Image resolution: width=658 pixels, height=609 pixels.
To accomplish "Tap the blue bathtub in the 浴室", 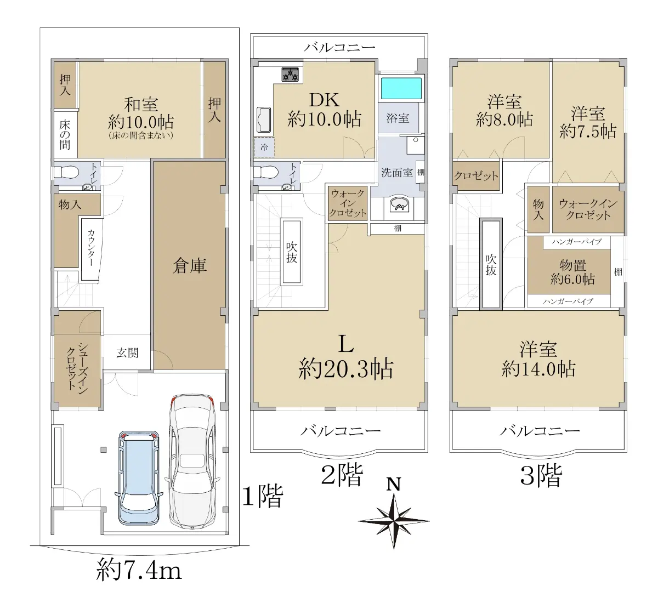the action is [x=401, y=88].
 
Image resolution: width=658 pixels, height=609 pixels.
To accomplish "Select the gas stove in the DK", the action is [x=291, y=75].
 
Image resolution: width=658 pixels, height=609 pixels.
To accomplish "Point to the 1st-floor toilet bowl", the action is [x=66, y=173].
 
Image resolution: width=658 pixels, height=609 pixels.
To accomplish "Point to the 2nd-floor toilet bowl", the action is [x=266, y=172].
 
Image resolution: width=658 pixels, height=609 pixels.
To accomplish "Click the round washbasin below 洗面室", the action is [x=399, y=205].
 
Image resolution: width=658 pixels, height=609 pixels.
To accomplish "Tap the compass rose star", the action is [x=394, y=521].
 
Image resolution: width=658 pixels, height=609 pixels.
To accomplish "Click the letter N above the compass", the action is [x=394, y=484].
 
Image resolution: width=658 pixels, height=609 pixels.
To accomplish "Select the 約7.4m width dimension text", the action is [x=139, y=571].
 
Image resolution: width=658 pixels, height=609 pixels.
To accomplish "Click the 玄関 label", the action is [x=128, y=353].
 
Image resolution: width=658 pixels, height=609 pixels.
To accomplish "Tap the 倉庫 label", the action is [x=190, y=265].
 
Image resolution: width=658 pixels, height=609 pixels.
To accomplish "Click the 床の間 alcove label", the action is [x=65, y=134].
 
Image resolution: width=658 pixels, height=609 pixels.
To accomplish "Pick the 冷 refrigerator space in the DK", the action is [x=264, y=147].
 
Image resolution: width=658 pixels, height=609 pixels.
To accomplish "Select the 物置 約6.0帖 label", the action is [x=572, y=272].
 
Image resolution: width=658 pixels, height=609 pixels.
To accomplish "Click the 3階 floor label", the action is [x=541, y=475].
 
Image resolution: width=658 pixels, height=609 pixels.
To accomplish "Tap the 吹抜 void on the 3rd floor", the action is [x=491, y=264].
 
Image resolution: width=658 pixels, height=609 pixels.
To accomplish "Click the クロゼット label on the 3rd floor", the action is [x=476, y=175].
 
